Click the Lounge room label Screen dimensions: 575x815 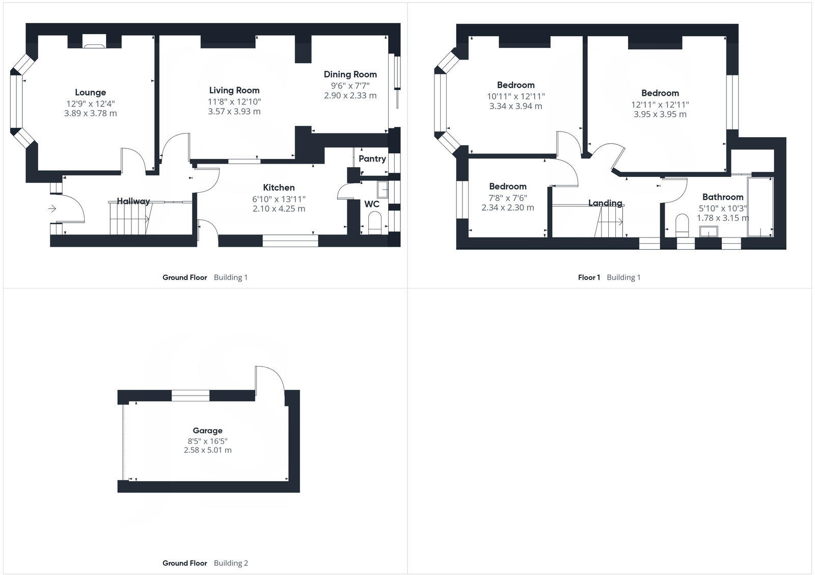(x=90, y=92)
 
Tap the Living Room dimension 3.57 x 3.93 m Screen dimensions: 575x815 (x=234, y=112)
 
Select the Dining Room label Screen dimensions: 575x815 (x=350, y=74)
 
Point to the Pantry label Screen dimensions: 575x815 (x=372, y=159)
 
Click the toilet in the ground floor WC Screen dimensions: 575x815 (x=374, y=223)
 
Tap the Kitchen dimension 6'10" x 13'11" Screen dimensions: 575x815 (x=279, y=199)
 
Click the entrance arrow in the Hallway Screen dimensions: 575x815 (x=52, y=208)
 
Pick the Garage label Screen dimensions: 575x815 (x=207, y=431)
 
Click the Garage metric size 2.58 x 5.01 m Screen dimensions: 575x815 (x=207, y=450)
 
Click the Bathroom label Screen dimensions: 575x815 (x=722, y=197)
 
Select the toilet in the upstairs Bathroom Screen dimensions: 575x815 (x=682, y=225)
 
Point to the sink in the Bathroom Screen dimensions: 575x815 (x=708, y=232)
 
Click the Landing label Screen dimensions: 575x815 (x=605, y=203)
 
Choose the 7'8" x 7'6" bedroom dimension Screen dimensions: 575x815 (x=507, y=197)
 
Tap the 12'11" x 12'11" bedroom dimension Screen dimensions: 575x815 (x=660, y=104)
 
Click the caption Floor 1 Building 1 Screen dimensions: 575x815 (x=609, y=277)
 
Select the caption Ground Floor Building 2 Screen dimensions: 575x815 (x=205, y=563)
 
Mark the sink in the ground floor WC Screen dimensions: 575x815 (x=382, y=190)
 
